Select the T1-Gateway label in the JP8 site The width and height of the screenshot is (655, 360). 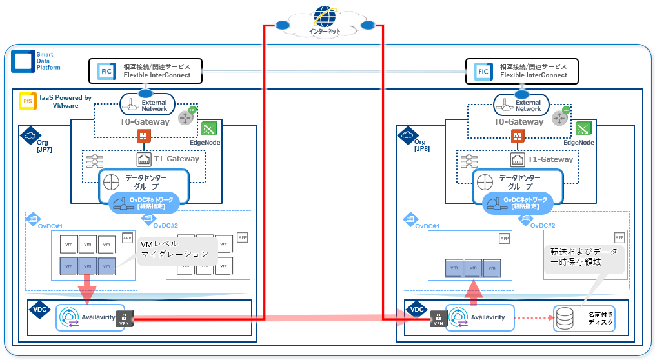click(550, 159)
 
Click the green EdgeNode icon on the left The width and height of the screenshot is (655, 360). click(208, 128)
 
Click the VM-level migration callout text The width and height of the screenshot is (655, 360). click(174, 250)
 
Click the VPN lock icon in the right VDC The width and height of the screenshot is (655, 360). click(438, 317)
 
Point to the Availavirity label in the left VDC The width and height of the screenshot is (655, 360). click(98, 317)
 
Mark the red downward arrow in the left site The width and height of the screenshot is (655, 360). click(87, 288)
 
